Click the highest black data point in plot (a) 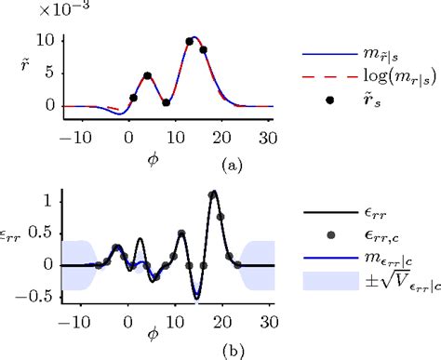tap(190, 41)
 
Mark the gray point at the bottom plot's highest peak tap(214, 194)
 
